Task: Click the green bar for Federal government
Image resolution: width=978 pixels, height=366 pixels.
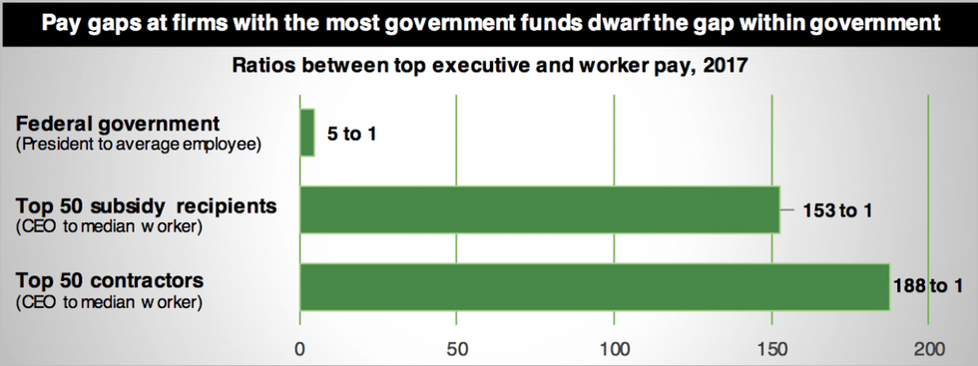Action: [x=307, y=134]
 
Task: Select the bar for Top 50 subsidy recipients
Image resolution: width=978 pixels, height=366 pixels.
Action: [x=539, y=209]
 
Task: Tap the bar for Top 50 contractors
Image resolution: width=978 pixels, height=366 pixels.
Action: [x=594, y=287]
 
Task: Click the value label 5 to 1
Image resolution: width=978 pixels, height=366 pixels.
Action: [x=351, y=134]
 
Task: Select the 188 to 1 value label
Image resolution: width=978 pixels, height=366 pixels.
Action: [x=926, y=287]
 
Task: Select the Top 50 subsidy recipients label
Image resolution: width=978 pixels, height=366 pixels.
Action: [x=145, y=205]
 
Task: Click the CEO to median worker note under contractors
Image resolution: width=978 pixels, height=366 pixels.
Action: [x=110, y=301]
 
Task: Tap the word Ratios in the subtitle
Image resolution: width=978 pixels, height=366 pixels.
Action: [x=265, y=67]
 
